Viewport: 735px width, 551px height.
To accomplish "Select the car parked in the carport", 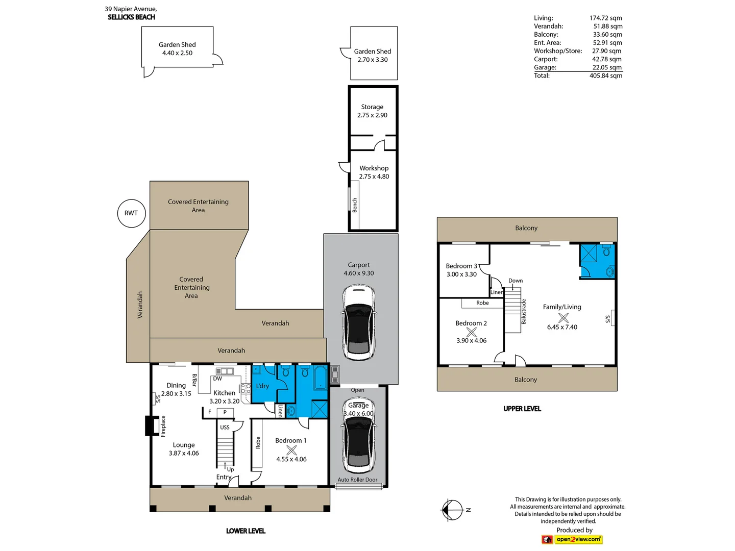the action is (x=359, y=322).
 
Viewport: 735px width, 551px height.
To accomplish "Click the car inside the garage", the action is (x=359, y=435).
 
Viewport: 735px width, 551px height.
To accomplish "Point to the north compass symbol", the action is (x=453, y=510).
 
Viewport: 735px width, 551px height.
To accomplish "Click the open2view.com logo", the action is (x=572, y=539).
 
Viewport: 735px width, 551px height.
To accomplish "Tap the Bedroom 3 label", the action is (x=461, y=266).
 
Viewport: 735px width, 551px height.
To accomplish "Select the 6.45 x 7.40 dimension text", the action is (x=562, y=327).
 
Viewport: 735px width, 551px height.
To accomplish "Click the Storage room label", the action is (x=372, y=107).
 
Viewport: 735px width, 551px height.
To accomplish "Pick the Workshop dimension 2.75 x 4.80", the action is (x=374, y=177).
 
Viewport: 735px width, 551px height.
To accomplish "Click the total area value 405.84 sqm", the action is (x=606, y=76).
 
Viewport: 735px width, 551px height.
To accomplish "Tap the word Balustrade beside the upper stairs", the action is (x=524, y=311).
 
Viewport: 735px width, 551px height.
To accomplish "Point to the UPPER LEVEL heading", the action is (x=522, y=409).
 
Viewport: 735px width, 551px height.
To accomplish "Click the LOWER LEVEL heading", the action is (x=246, y=531).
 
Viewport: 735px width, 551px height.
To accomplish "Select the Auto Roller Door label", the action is (x=357, y=480).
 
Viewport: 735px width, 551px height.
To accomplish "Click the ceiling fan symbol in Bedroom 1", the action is (x=291, y=450).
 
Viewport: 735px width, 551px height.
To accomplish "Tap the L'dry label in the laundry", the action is (x=262, y=386).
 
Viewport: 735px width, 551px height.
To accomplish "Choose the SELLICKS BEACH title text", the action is (x=131, y=17).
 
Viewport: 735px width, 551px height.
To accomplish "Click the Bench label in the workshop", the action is (x=355, y=205).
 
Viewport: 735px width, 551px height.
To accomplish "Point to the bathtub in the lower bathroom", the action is (x=321, y=378).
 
